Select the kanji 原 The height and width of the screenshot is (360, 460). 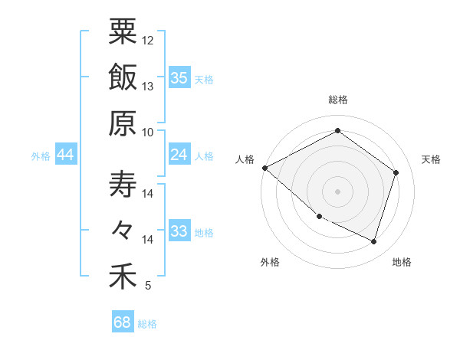tap(123, 123)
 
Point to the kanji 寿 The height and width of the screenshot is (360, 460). tap(123, 184)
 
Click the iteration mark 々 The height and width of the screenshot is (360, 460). tap(123, 230)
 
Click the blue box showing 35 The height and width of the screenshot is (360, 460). tap(179, 77)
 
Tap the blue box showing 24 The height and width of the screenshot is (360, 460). tap(179, 155)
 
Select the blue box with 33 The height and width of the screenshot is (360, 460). tap(179, 231)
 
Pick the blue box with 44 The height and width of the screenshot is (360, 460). tap(66, 155)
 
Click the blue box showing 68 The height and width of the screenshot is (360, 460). tap(123, 322)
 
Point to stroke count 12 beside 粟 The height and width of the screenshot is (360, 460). tap(148, 40)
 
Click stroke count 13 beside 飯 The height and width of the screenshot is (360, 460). tap(148, 87)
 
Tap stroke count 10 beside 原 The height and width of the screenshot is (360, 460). tap(148, 132)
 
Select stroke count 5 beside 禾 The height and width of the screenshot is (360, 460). tap(148, 286)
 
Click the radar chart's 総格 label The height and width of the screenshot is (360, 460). tap(338, 100)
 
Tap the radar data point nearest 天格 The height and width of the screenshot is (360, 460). tap(396, 172)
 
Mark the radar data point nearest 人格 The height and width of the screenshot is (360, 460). tap(264, 167)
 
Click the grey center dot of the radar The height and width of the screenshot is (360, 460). tap(338, 191)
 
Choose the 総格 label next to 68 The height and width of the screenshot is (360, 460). tap(148, 324)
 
